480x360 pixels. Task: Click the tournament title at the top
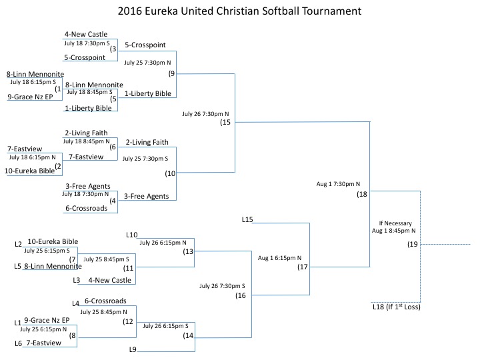tap(239, 11)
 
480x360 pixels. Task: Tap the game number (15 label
tap(225, 122)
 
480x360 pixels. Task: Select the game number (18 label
tap(362, 194)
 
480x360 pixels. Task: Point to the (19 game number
tap(413, 244)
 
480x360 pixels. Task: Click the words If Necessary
tap(395, 223)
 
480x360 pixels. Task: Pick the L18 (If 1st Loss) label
tap(397, 307)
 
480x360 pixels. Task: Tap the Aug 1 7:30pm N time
tap(338, 184)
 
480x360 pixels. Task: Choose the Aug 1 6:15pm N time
tap(279, 258)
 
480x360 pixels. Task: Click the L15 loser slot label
tap(247, 219)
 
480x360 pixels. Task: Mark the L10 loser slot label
tap(131, 235)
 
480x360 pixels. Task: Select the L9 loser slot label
tap(133, 349)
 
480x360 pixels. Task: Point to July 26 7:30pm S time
tap(222, 286)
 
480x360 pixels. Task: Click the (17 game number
tap(303, 267)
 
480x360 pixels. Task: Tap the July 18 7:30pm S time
tap(87, 43)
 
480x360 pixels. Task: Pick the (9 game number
tap(171, 73)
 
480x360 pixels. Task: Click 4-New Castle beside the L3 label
tap(109, 280)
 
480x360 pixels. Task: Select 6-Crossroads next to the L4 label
tap(105, 301)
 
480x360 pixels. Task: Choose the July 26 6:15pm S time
tap(165, 326)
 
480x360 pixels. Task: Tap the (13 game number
tap(188, 251)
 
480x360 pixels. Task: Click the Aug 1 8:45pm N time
tap(394, 231)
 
